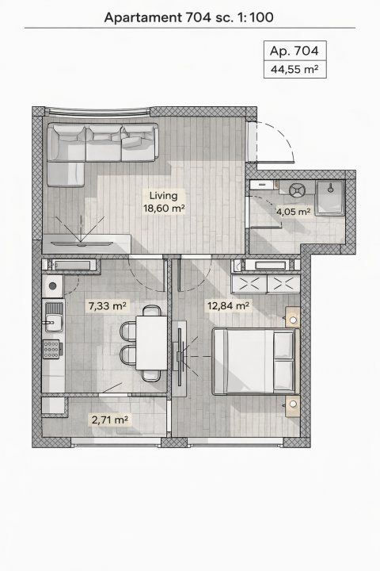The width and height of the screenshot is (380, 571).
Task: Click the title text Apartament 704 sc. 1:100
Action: [x=188, y=17]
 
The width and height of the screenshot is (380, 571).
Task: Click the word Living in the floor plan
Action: [x=164, y=196]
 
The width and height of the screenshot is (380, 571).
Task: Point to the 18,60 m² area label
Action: [x=165, y=209]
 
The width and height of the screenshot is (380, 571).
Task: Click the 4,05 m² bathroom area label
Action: [x=294, y=211]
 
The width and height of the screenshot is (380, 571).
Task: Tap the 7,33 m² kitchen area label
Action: [x=107, y=305]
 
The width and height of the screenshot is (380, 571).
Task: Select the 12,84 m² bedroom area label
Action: [x=228, y=305]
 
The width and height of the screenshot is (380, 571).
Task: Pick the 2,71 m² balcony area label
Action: [x=110, y=420]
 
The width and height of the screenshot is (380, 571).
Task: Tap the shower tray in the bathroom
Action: [x=330, y=197]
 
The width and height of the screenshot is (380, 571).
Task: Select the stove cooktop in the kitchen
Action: [x=51, y=349]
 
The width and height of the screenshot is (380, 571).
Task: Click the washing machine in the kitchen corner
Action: [x=53, y=286]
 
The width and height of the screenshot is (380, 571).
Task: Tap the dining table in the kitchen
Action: [x=152, y=343]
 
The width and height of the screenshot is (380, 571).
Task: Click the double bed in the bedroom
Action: [x=256, y=362]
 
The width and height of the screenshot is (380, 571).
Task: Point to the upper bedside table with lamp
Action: [x=293, y=317]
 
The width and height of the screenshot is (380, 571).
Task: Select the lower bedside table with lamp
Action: [x=293, y=406]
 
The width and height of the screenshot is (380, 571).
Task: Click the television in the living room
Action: [x=81, y=243]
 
